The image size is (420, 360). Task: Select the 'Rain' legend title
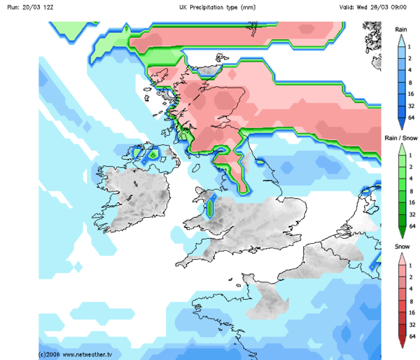coord(401,29)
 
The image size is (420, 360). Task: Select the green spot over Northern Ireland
coord(152,153)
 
